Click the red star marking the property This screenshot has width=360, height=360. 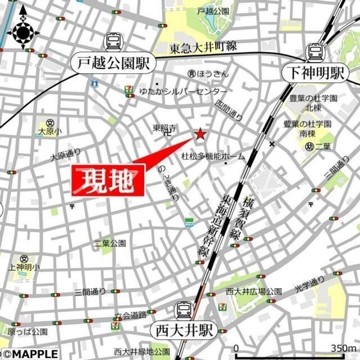pos(200,134)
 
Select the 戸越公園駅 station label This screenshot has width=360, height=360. pos(114,62)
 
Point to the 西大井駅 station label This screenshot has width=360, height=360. pos(183,330)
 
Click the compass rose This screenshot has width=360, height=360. pos(23,32)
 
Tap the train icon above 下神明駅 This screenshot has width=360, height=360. pos(315,51)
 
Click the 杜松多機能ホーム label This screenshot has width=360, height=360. pos(213,156)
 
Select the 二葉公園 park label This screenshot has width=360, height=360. pos(110,243)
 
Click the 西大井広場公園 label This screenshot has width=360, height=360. pos(253,291)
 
